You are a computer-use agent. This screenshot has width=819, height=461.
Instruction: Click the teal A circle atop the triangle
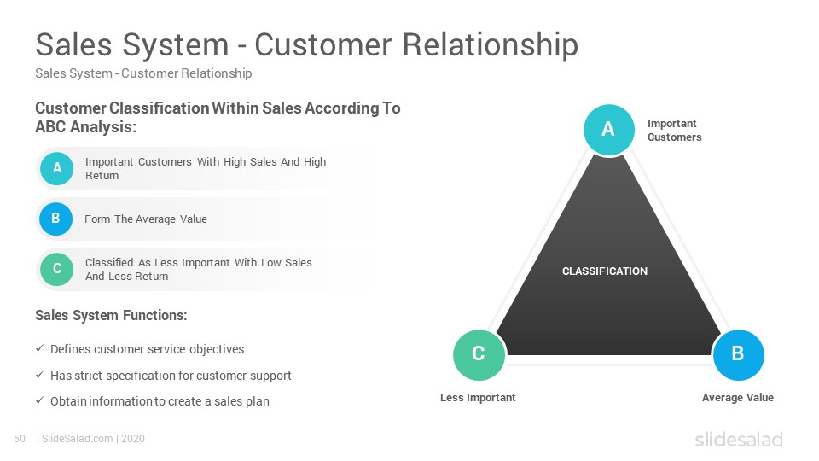[x=608, y=130]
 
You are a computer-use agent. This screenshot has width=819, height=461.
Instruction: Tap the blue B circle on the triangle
[x=738, y=355]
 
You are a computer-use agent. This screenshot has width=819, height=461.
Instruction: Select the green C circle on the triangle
[x=479, y=355]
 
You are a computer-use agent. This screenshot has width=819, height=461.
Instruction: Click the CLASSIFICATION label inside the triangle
[x=604, y=271]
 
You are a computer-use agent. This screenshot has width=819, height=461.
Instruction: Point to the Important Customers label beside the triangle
[x=674, y=130]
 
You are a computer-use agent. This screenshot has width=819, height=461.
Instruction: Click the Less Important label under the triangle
[x=478, y=397]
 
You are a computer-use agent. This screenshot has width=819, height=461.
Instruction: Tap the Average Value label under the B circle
[x=737, y=397]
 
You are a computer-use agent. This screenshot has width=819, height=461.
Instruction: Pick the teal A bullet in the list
[x=56, y=168]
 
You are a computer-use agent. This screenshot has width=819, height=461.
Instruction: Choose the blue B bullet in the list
[x=56, y=219]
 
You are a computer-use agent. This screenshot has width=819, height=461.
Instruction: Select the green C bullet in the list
[x=57, y=269]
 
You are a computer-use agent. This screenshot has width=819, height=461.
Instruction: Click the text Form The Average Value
[x=146, y=219]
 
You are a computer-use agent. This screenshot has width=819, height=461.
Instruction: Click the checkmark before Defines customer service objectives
[x=40, y=348]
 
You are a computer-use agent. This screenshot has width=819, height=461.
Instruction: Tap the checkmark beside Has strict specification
[x=40, y=375]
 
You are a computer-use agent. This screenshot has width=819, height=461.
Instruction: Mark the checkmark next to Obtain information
[x=40, y=400]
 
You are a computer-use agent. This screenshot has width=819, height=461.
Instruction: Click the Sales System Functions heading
[x=111, y=315]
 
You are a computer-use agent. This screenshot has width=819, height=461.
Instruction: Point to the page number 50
[x=20, y=439]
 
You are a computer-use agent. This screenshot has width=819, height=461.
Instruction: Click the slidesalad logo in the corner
[x=739, y=439]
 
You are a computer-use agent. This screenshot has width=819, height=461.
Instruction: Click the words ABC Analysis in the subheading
[x=85, y=127]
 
